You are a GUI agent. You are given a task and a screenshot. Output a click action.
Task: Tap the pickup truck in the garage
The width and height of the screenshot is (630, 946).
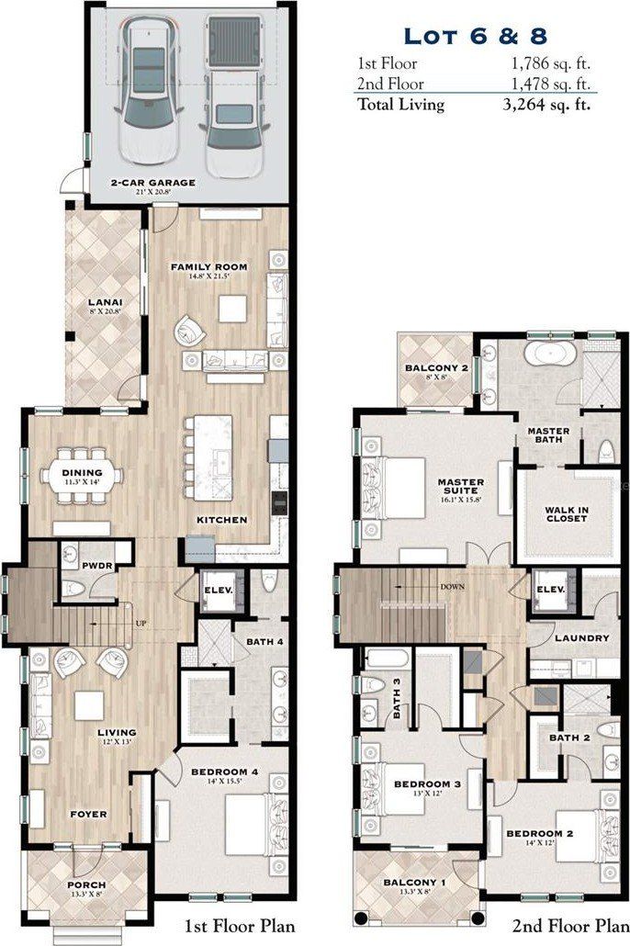[x=227, y=96]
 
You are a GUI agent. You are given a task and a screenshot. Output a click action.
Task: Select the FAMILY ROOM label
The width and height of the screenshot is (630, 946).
[x=198, y=266]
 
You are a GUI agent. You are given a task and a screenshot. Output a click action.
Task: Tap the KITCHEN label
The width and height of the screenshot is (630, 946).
[x=221, y=520]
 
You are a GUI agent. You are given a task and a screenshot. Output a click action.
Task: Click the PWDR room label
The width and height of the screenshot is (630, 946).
[x=96, y=567]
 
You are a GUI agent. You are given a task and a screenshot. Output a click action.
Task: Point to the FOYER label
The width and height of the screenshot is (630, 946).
[x=88, y=814]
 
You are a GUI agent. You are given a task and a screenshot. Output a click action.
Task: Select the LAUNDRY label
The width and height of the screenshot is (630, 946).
[x=581, y=637]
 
